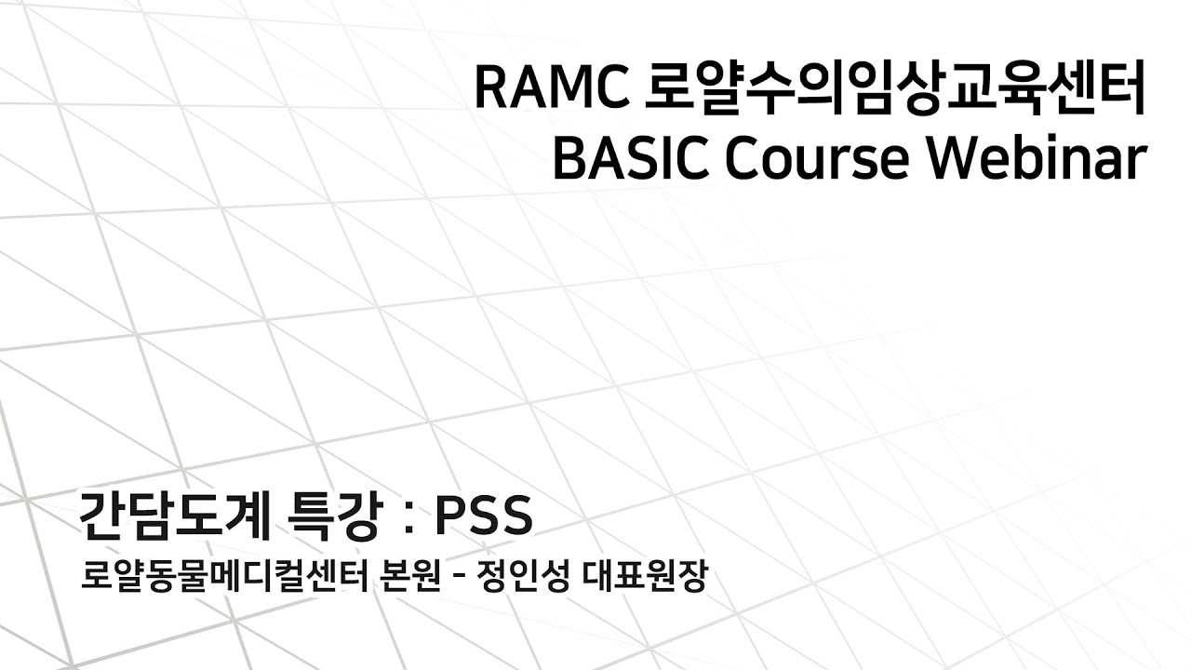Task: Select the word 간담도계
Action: [x=171, y=515]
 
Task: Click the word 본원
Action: [x=410, y=579]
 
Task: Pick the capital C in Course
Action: [x=749, y=159]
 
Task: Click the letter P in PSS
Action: [x=450, y=515]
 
